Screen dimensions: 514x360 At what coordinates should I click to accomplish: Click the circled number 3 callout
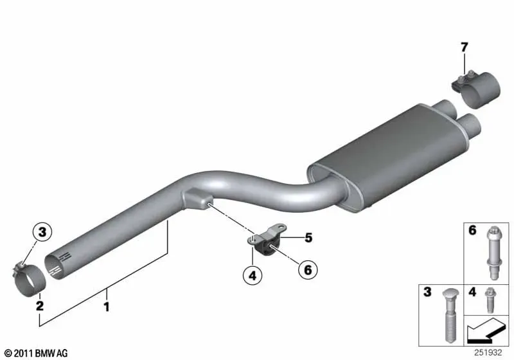click(x=42, y=232)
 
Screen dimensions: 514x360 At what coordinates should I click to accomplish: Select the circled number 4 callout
click(x=253, y=275)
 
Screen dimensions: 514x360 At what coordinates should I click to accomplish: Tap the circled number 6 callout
click(x=308, y=270)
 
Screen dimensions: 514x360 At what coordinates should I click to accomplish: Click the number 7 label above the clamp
click(x=464, y=48)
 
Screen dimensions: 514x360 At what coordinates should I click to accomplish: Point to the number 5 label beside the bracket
click(x=308, y=238)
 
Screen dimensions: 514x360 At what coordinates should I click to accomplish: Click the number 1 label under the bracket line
click(x=106, y=307)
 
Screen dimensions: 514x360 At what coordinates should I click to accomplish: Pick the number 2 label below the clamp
click(x=40, y=305)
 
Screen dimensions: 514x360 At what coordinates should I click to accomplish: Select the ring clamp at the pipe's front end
click(x=28, y=279)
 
